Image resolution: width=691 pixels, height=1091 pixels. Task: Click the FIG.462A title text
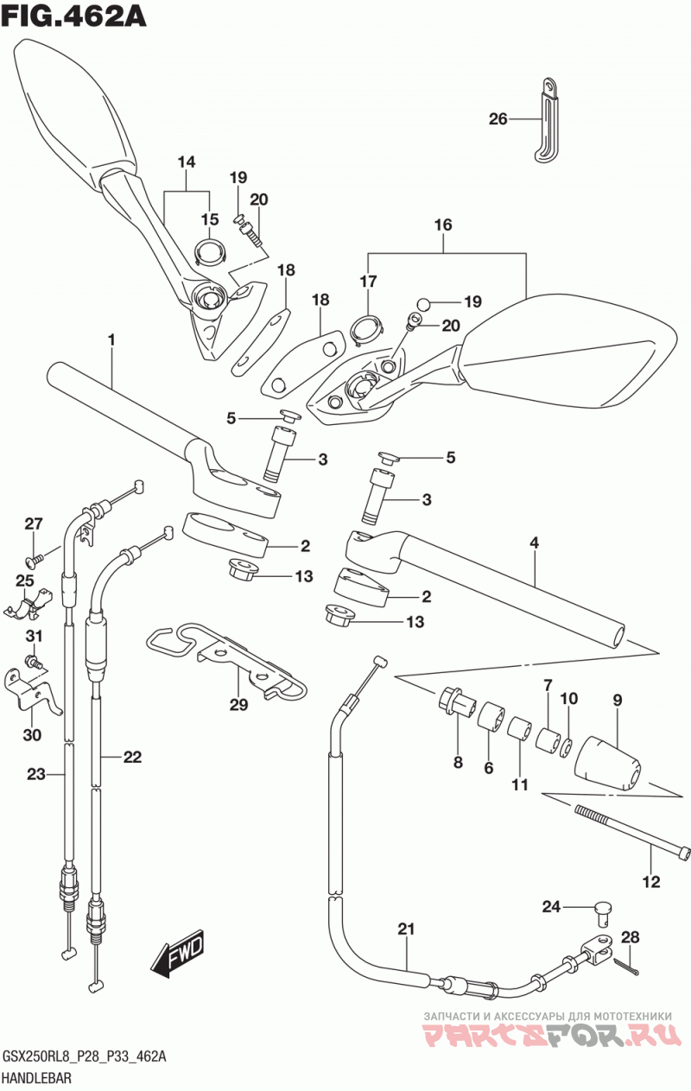tap(73, 18)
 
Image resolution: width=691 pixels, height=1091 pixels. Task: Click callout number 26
tap(498, 119)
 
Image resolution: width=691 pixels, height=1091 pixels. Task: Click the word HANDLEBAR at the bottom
tap(37, 1076)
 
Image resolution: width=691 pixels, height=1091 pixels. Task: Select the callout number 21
tap(406, 929)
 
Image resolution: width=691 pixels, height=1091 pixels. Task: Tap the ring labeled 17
tap(365, 330)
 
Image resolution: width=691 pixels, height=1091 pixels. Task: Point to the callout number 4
tap(534, 542)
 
